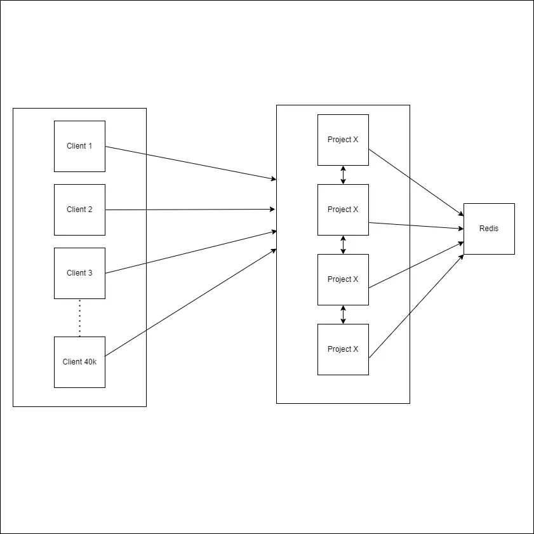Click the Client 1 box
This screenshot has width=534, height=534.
click(79, 146)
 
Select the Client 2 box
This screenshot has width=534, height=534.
click(79, 210)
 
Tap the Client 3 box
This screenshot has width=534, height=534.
click(79, 273)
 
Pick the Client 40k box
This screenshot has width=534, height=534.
click(79, 362)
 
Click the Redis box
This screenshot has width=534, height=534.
click(489, 229)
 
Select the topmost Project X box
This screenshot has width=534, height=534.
click(343, 140)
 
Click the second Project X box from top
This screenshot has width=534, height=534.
click(343, 210)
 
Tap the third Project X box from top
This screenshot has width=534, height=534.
click(343, 279)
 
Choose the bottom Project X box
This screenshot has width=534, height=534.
click(343, 349)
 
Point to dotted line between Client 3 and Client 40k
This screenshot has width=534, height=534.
click(79, 317)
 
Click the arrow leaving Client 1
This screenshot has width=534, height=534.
click(190, 163)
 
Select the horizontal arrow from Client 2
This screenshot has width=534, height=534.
click(190, 210)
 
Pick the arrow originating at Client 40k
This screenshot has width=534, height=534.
click(190, 302)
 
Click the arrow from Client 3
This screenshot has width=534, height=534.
click(190, 252)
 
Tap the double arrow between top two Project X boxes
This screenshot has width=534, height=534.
click(343, 175)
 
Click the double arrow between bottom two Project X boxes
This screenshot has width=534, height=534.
click(343, 314)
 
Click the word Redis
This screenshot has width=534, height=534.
click(489, 229)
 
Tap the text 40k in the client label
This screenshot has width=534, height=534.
click(91, 362)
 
